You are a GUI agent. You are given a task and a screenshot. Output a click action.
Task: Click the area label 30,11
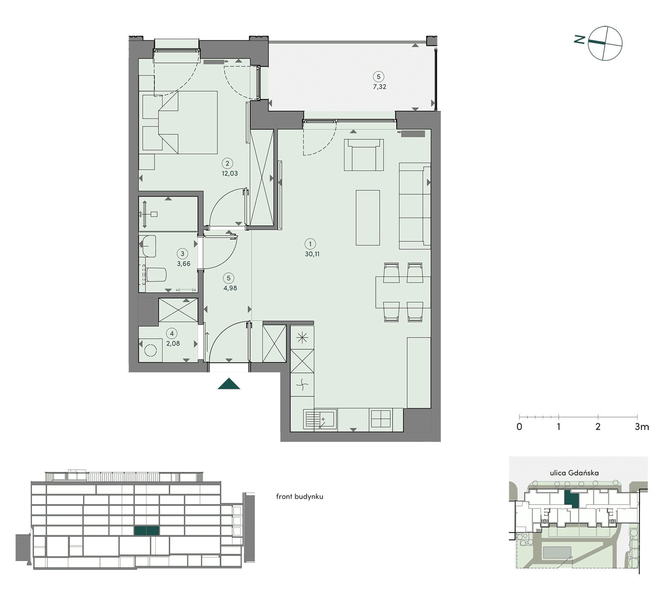[x=312, y=254]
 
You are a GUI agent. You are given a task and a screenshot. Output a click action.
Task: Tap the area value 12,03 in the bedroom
[x=229, y=173]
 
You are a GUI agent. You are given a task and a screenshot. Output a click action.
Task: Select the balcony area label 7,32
[x=380, y=87]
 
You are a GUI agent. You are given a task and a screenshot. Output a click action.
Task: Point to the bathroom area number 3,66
[x=183, y=263]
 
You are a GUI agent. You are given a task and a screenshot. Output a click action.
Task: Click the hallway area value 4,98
[x=230, y=288]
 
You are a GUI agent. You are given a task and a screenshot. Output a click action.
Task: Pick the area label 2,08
[x=173, y=343]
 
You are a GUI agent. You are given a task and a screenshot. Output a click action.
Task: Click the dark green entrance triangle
[x=229, y=384]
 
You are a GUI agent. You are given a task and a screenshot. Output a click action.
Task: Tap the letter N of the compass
[x=579, y=39]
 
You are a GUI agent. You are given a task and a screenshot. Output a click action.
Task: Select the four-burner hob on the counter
[x=381, y=419]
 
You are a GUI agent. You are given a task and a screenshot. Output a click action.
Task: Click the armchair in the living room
[x=364, y=155]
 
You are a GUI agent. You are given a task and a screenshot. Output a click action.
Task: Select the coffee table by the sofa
[x=368, y=218]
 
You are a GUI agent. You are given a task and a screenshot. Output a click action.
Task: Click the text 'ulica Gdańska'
[x=574, y=473]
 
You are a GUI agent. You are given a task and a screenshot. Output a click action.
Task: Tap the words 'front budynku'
[x=300, y=496]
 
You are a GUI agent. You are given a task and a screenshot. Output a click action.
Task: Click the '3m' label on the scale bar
[x=642, y=427]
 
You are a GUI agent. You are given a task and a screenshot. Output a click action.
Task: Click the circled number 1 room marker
[x=310, y=244]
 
